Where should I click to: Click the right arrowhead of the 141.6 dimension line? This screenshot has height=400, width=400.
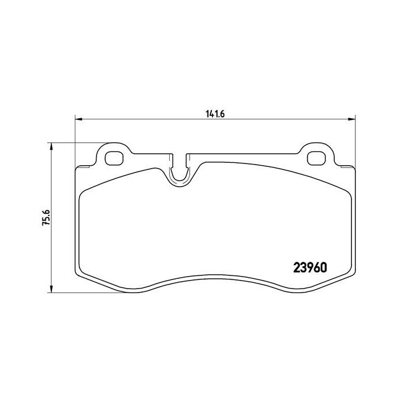(x=351, y=119)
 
